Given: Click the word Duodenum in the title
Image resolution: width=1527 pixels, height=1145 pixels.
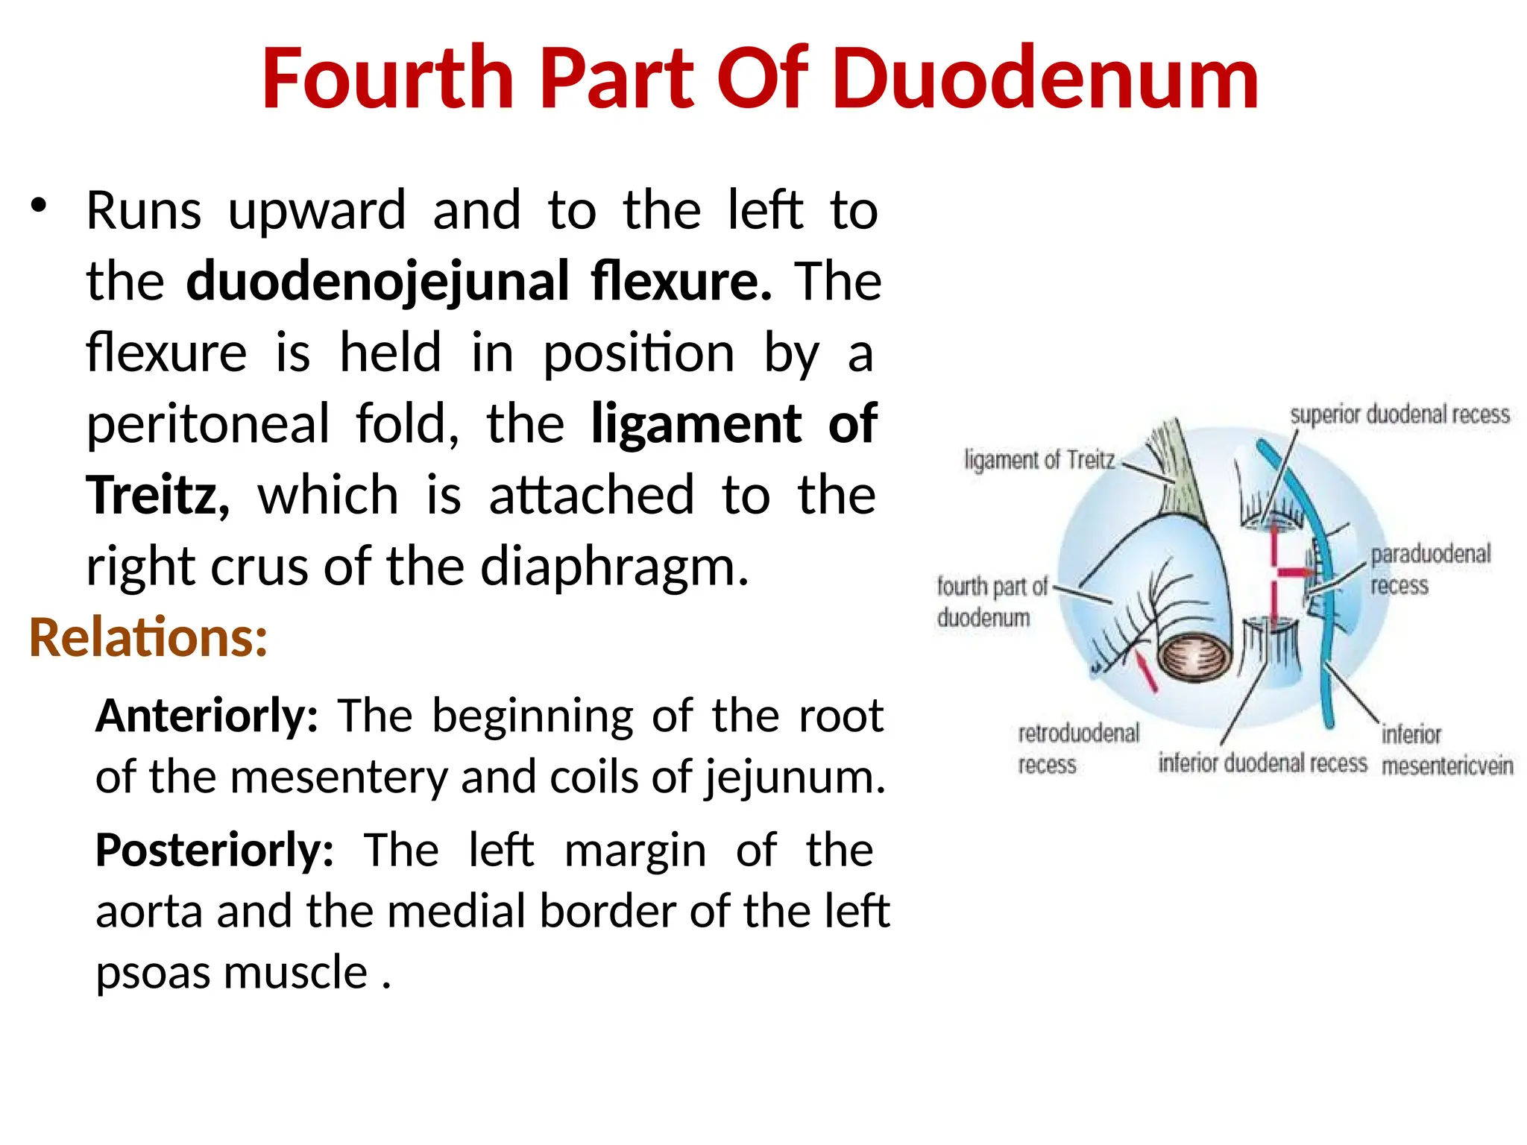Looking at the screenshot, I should (1045, 79).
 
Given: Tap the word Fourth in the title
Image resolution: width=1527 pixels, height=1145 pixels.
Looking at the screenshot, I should (388, 79).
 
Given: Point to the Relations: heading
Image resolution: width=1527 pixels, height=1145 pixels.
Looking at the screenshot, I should (148, 638).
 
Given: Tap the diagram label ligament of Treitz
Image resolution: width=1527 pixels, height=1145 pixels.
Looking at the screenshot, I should (1039, 460).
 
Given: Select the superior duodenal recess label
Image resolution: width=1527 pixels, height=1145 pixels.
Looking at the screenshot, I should (1400, 414).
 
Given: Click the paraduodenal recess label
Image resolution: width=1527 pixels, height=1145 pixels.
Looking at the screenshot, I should (1430, 569).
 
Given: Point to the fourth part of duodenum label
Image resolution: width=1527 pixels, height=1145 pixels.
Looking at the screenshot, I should (992, 602).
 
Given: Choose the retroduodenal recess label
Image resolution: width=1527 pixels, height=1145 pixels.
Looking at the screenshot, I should (1078, 748).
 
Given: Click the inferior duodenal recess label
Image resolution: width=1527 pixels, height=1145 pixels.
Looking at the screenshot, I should (1262, 763).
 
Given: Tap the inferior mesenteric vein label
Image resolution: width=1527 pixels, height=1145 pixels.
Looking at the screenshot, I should (1446, 750).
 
